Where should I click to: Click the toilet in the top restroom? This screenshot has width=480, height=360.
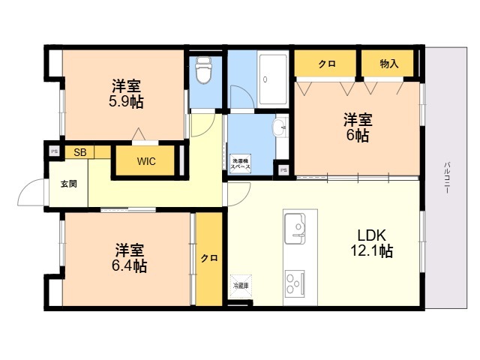pyautogui.click(x=202, y=71)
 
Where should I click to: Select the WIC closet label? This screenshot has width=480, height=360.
pyautogui.click(x=147, y=161)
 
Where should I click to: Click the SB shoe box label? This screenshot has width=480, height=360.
pyautogui.click(x=79, y=152)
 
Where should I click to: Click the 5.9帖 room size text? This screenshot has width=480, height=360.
pyautogui.click(x=125, y=103)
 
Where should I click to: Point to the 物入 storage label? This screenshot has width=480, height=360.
pyautogui.click(x=389, y=64)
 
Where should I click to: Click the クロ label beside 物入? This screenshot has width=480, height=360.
pyautogui.click(x=326, y=64)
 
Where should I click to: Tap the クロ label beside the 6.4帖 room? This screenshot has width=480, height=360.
pyautogui.click(x=209, y=259)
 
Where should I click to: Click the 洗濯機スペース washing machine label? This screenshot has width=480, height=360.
pyautogui.click(x=241, y=163)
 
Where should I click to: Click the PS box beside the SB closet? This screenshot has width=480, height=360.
pyautogui.click(x=53, y=151)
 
